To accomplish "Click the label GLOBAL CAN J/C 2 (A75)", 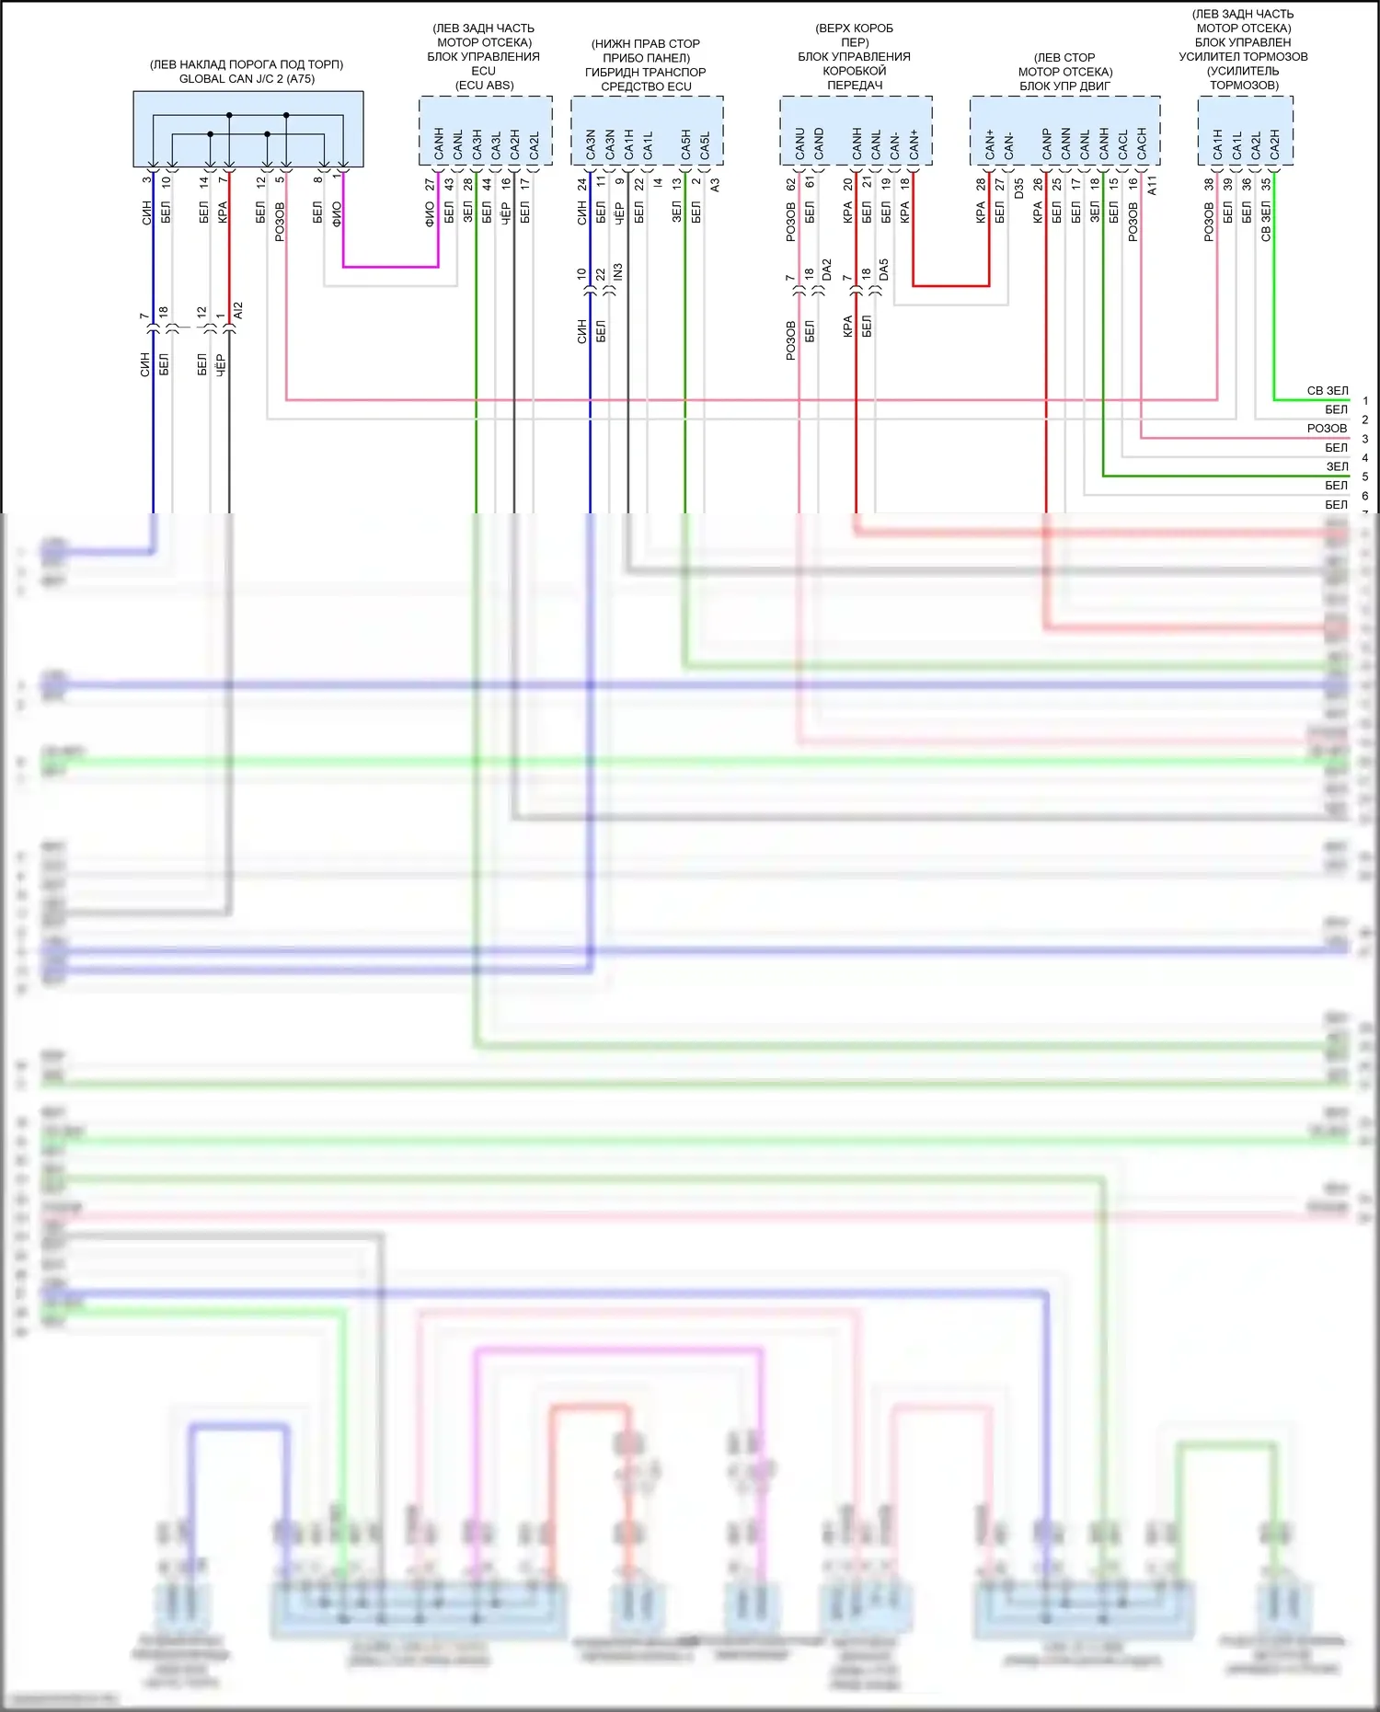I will (x=247, y=79).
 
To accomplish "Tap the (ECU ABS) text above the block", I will (x=484, y=86).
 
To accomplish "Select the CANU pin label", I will (x=799, y=143).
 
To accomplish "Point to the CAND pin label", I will (x=819, y=143).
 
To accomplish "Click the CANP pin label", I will (x=1046, y=143).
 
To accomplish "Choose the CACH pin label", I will (x=1142, y=143).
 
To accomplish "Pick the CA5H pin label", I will (x=685, y=144).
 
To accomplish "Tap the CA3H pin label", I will (x=477, y=144).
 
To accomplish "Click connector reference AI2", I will (x=238, y=311).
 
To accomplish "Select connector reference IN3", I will (x=619, y=272).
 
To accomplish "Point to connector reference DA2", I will (x=827, y=270).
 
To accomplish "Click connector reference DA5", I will (x=884, y=270).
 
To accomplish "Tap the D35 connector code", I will (x=1018, y=189).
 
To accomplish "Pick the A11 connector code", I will (x=1152, y=185).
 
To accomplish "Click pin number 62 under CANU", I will (x=790, y=184).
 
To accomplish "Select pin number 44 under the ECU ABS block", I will (x=487, y=184).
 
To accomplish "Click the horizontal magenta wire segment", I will (x=391, y=267).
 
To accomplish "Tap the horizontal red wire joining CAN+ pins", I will (x=950, y=286).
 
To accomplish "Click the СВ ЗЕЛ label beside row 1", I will (x=1327, y=391).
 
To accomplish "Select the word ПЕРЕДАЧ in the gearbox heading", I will (x=855, y=86).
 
